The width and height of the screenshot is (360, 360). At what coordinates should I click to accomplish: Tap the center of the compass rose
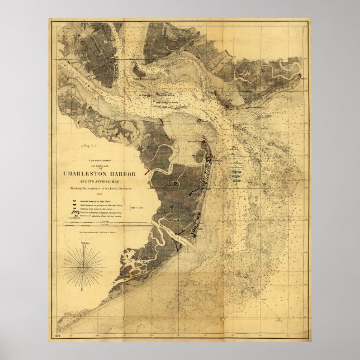click(x=83, y=266)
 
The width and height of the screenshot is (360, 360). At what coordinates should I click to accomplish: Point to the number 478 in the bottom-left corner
click(x=57, y=335)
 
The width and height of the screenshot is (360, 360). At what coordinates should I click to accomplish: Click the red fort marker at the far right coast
click(x=300, y=77)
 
